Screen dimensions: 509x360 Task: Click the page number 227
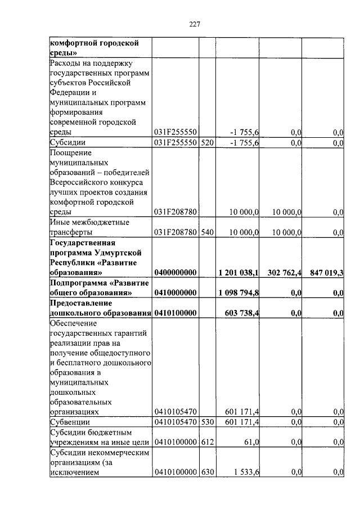pos(195,24)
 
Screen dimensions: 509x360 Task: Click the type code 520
pos(208,143)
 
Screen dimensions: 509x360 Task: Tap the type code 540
pos(208,232)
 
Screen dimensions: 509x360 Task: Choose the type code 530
pos(208,422)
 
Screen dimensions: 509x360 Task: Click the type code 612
pos(208,443)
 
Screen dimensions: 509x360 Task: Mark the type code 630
pos(208,473)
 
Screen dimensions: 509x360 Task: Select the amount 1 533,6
pos(245,473)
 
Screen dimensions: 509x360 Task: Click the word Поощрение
pos(70,152)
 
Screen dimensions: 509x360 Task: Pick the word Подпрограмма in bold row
pos(78,283)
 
